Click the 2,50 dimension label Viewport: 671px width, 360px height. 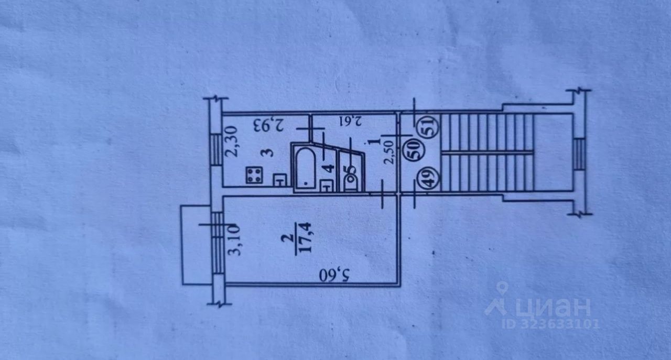(388, 154)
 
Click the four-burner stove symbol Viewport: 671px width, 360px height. (255, 175)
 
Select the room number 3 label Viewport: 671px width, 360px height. (268, 153)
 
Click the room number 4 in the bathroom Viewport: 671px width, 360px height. (329, 169)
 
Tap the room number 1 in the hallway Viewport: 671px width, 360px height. (373, 141)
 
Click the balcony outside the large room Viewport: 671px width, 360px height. (196, 245)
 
